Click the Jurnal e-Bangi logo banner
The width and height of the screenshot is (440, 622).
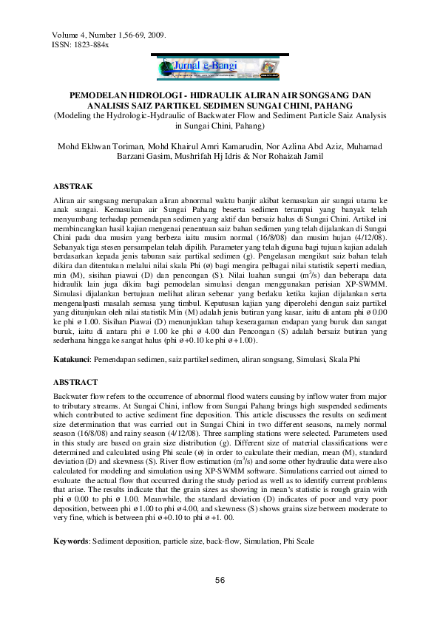[x=220, y=67]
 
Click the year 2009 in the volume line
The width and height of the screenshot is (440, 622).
[x=155, y=35]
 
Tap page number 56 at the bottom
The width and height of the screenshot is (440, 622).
[x=220, y=581]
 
